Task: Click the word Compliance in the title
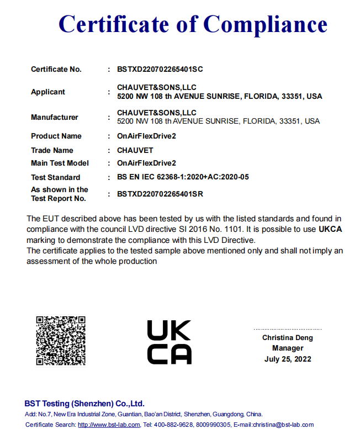point(265,25)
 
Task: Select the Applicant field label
point(48,92)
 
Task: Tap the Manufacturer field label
point(55,117)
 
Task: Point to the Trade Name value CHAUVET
point(135,150)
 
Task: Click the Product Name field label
point(56,136)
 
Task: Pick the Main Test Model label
point(60,163)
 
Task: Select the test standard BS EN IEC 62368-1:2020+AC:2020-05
point(183,177)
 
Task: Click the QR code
point(61,341)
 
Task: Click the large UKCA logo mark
point(170,342)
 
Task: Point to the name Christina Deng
point(287,337)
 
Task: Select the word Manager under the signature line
point(288,348)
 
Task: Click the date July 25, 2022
point(288,359)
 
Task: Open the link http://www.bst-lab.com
point(108,425)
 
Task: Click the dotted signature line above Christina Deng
point(288,328)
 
